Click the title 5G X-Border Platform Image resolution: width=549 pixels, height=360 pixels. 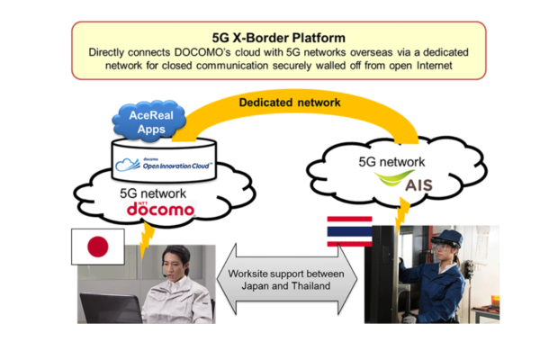(x=279, y=38)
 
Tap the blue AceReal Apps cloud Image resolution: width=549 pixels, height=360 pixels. (x=150, y=121)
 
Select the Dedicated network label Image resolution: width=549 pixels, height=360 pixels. (x=290, y=103)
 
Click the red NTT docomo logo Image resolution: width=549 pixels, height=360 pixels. (x=160, y=209)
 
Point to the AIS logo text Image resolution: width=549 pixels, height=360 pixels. (x=418, y=184)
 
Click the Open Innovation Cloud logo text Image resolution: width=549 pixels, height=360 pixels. (x=175, y=166)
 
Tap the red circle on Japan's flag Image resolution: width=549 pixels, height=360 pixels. (x=98, y=247)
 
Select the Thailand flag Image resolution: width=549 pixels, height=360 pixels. (x=349, y=231)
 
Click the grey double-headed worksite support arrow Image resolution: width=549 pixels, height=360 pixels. (x=287, y=280)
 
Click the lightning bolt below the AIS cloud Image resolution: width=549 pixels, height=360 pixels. (x=402, y=214)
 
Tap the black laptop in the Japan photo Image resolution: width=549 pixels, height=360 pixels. (x=111, y=308)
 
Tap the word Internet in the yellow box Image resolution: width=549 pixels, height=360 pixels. (x=434, y=66)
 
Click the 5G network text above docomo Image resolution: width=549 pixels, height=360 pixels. (x=153, y=193)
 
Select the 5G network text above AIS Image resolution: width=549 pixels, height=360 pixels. (x=391, y=162)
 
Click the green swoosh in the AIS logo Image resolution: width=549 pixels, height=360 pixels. (x=392, y=178)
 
